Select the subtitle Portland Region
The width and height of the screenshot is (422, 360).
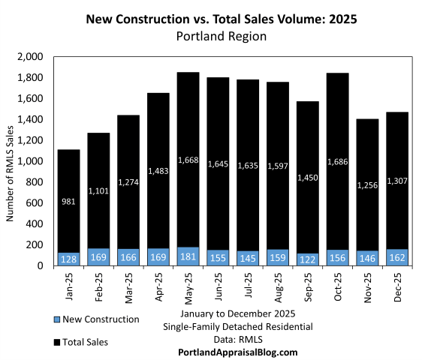point(210,34)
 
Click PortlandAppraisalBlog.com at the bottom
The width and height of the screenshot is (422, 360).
point(237,352)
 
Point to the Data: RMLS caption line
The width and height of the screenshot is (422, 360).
point(237,339)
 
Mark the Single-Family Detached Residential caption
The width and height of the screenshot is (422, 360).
point(237,326)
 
